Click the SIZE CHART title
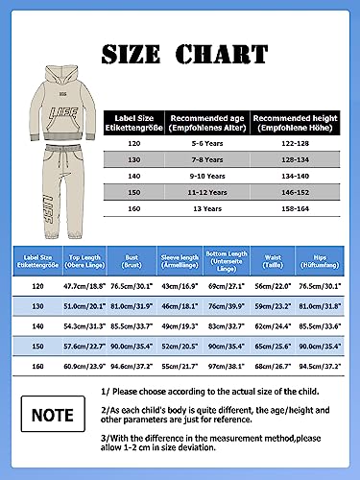(180, 52)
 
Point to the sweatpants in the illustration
(51, 197)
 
